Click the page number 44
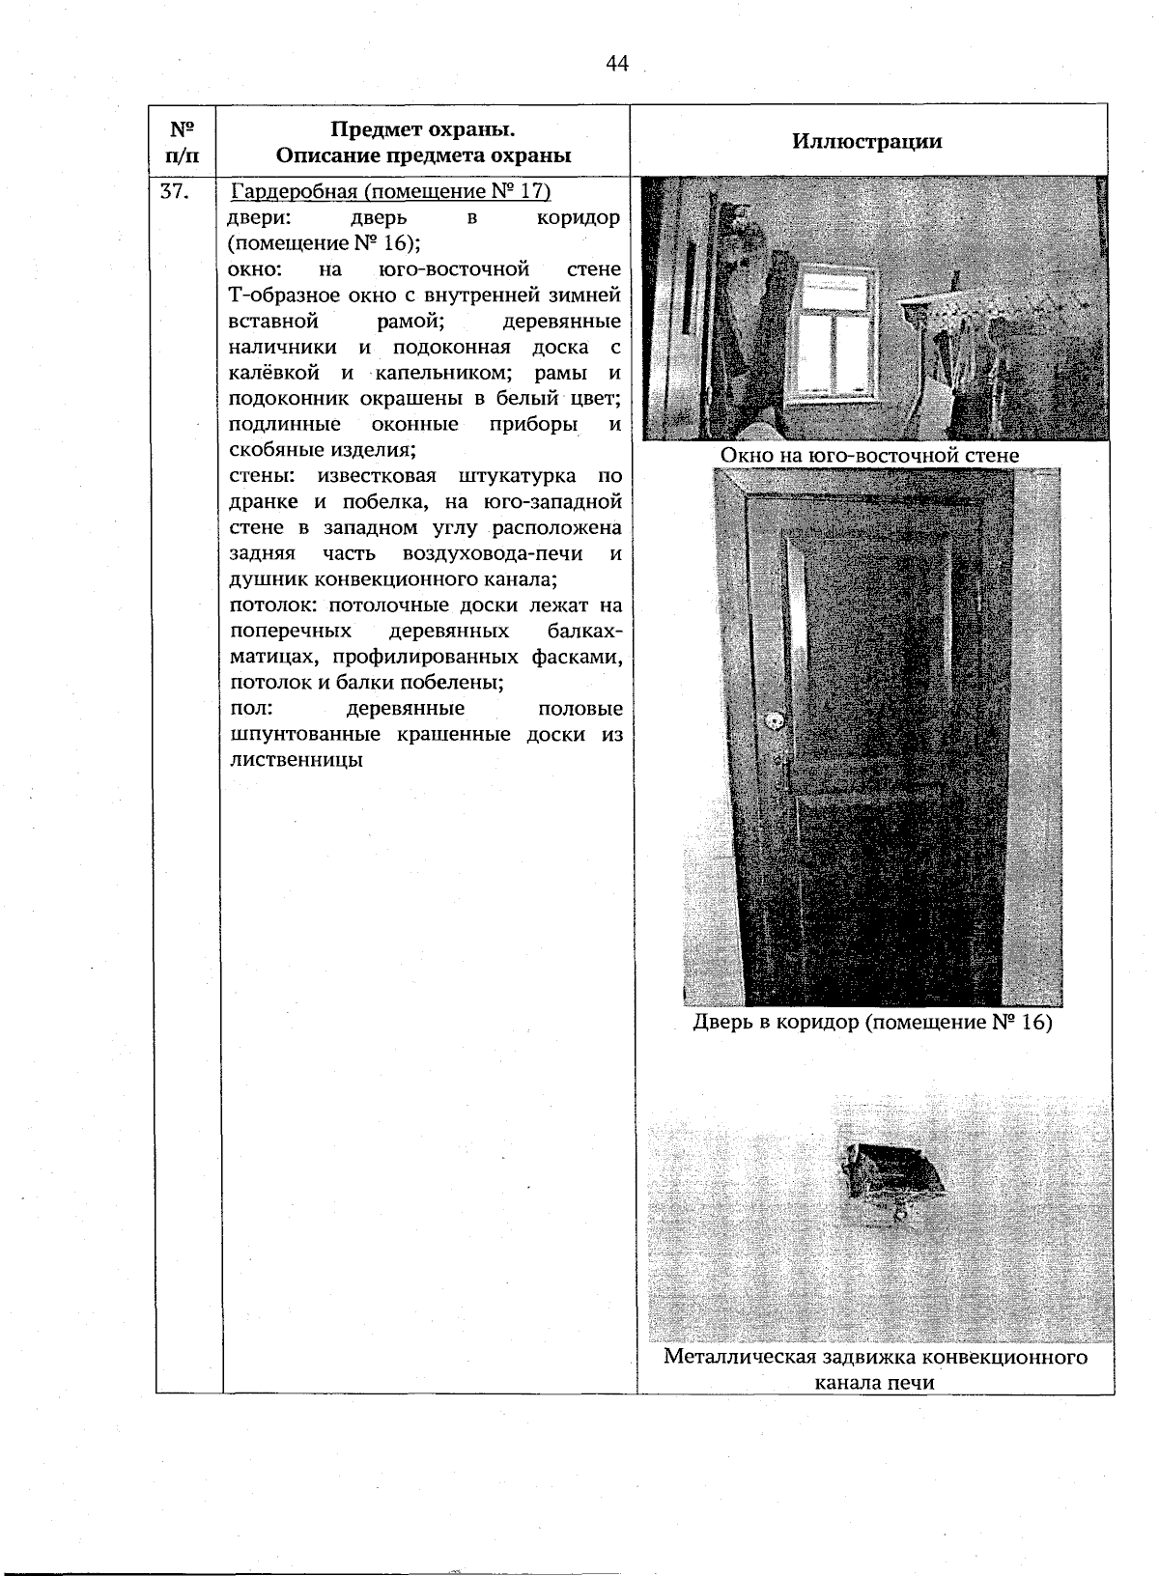click(617, 64)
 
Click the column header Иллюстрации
click(866, 141)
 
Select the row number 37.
click(175, 191)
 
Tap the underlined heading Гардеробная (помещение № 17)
click(391, 191)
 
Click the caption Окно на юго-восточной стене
click(869, 455)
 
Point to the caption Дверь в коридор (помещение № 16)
click(872, 1022)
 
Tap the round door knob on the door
click(773, 722)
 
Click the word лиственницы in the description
click(296, 759)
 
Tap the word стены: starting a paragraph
click(260, 476)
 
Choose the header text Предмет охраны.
click(422, 130)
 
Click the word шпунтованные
click(307, 734)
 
